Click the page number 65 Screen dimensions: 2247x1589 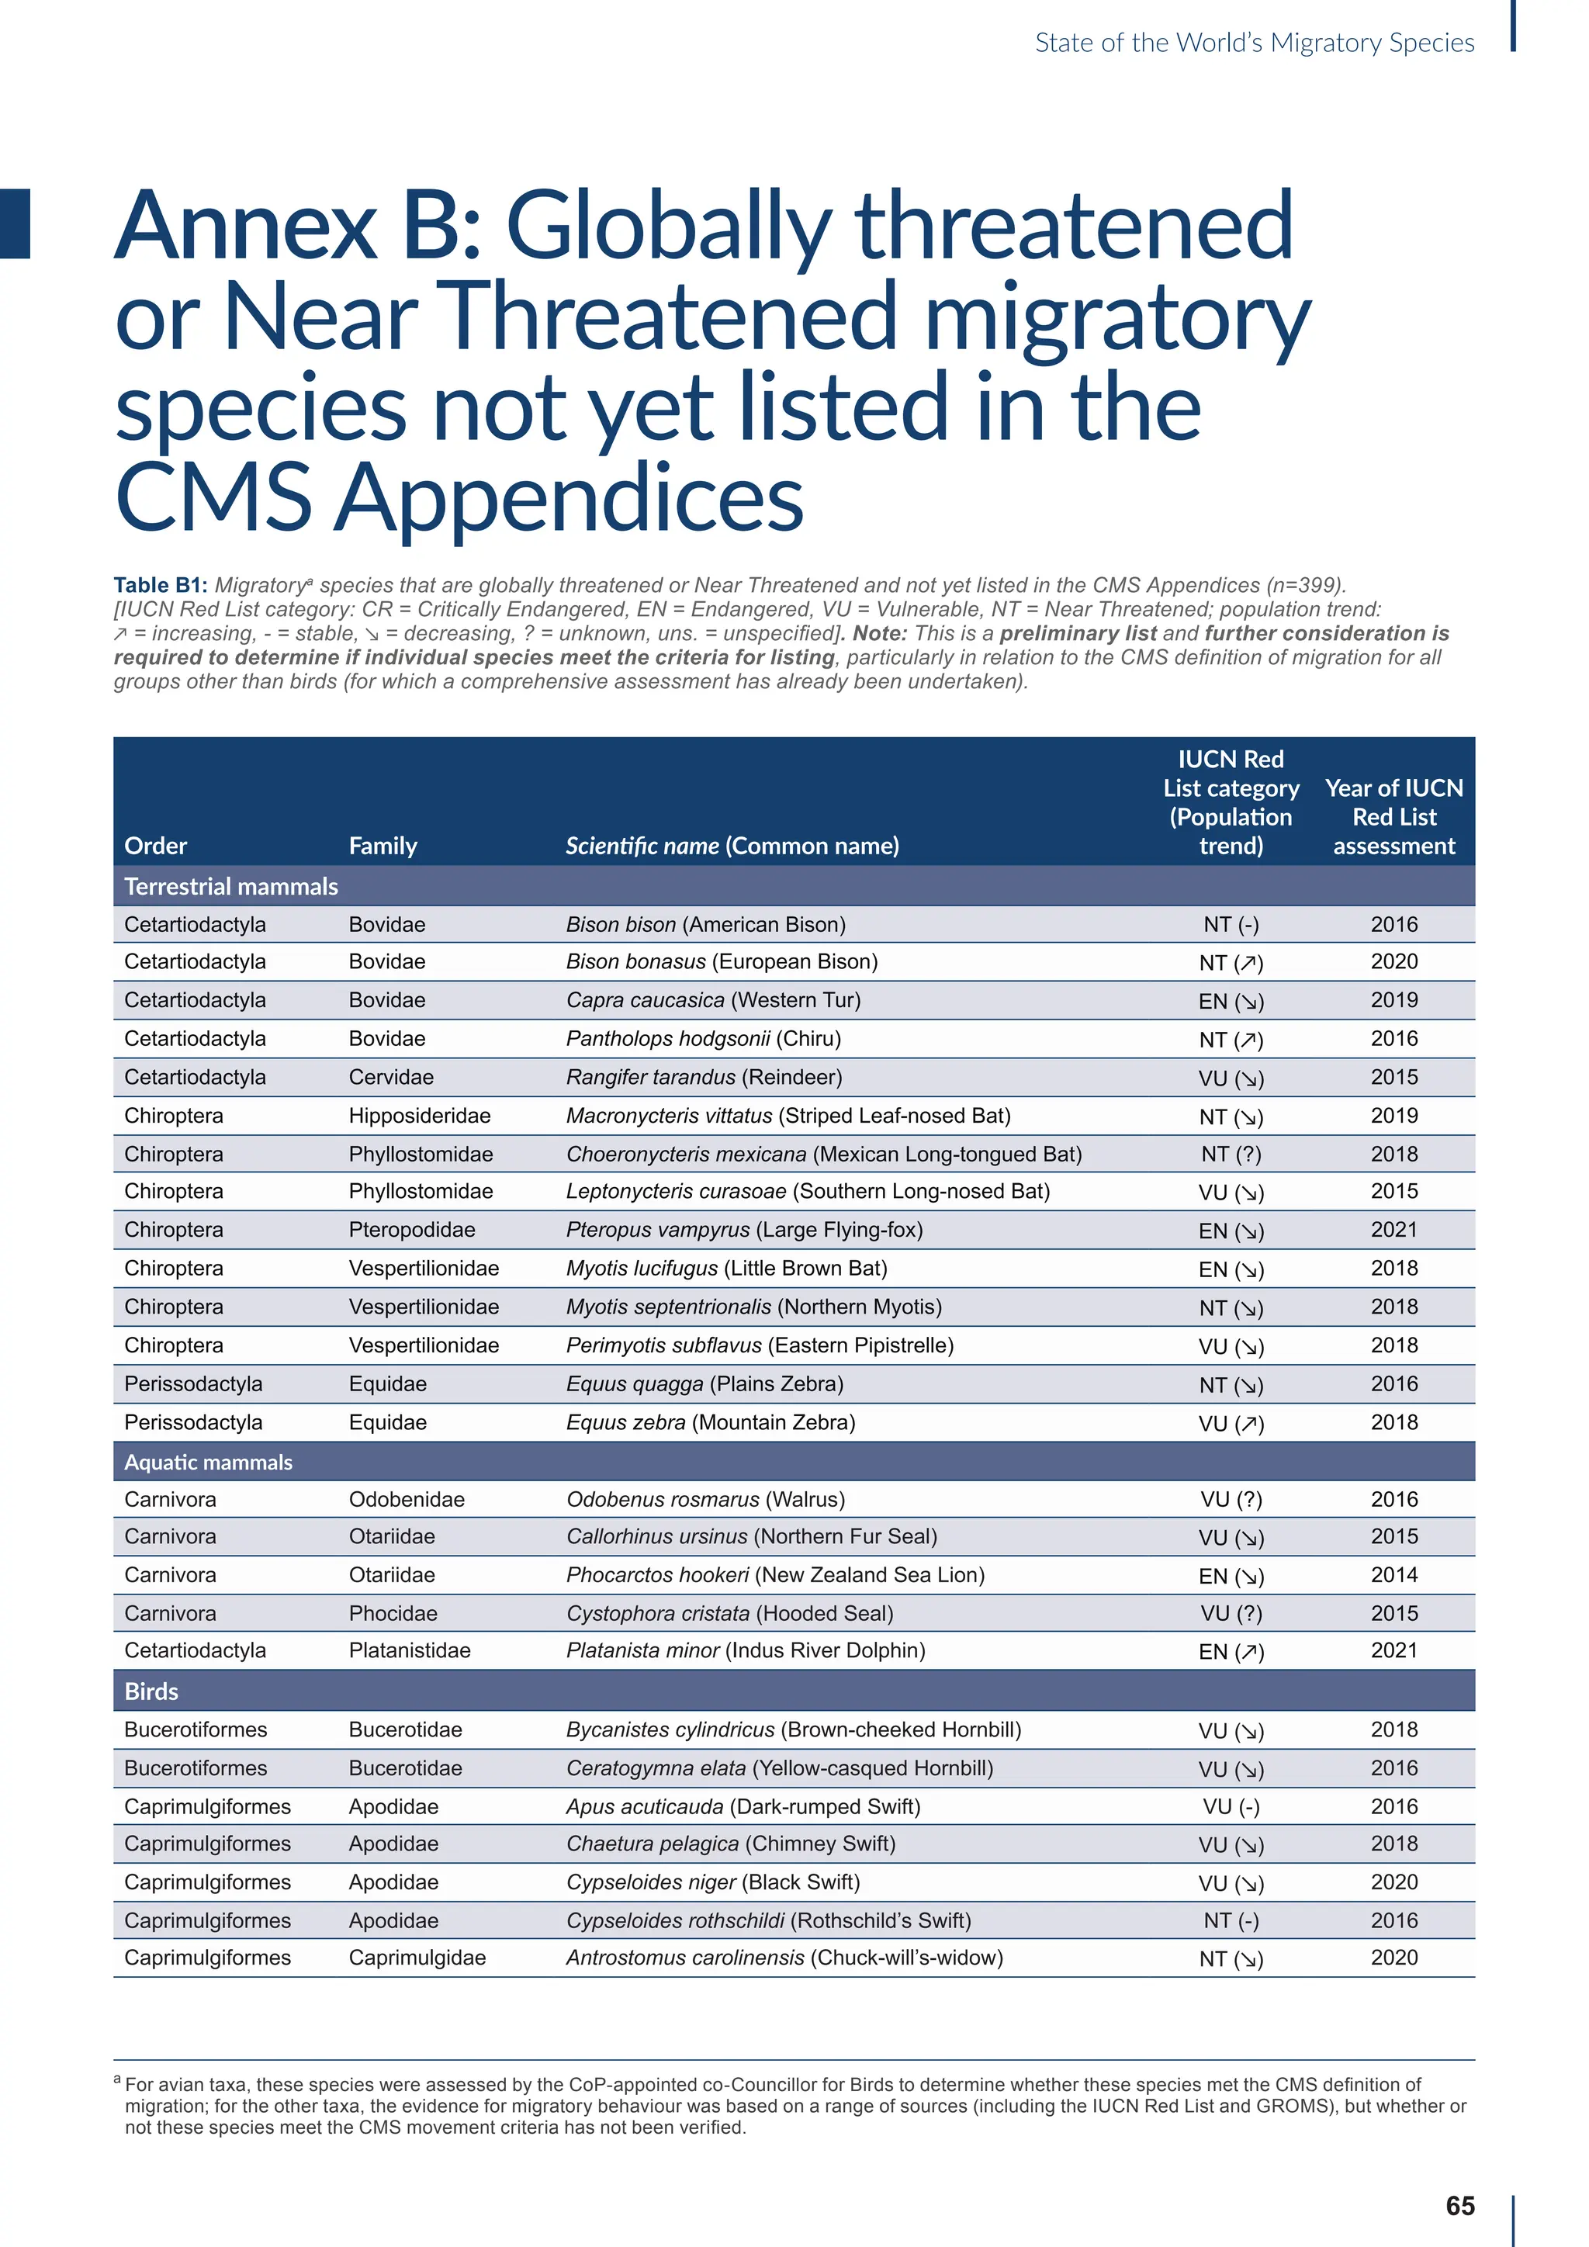(x=1460, y=2205)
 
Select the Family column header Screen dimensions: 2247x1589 (x=383, y=846)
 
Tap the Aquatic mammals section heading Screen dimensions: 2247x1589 (x=209, y=1462)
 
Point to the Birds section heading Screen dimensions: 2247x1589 (x=151, y=1691)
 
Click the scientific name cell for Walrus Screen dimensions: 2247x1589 (x=705, y=1499)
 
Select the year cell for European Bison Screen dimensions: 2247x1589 (x=1393, y=961)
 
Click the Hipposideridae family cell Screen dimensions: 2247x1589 (x=420, y=1116)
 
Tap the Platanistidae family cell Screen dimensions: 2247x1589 (x=409, y=1650)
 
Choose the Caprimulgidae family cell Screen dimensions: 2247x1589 (x=417, y=1958)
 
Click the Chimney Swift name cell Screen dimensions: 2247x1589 (x=730, y=1844)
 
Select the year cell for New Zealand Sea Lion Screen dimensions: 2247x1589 (x=1393, y=1574)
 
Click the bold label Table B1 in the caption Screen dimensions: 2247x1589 (x=160, y=585)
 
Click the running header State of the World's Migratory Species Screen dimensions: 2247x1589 (x=1255, y=43)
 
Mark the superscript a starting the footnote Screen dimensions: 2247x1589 (x=117, y=2079)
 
